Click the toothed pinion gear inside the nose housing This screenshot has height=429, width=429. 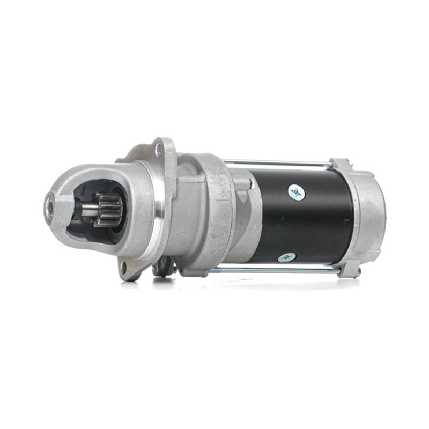point(109,210)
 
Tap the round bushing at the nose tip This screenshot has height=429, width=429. point(49,204)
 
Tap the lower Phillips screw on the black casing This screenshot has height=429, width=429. point(287,258)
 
